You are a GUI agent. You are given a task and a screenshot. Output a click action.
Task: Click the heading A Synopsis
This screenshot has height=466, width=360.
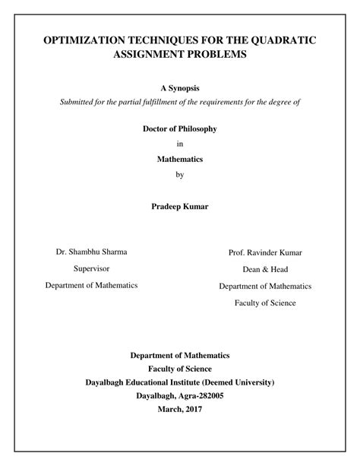point(179,89)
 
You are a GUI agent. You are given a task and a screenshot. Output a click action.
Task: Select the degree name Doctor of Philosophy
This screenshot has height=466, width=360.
point(179,128)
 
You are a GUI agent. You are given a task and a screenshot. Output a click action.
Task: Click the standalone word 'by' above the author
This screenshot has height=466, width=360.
point(180,174)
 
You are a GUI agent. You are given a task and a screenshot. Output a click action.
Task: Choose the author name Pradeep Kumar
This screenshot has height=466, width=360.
point(180,206)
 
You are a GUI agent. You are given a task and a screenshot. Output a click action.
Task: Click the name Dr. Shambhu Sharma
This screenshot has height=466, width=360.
point(91,252)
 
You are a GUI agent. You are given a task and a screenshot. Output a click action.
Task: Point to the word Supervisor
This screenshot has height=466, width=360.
point(91,268)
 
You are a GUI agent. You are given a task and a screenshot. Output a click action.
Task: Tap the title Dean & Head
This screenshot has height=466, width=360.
point(266,269)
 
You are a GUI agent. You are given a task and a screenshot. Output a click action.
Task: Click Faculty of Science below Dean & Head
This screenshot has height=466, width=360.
point(266,303)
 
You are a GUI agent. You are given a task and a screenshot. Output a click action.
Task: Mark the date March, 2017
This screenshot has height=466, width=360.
point(180,408)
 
